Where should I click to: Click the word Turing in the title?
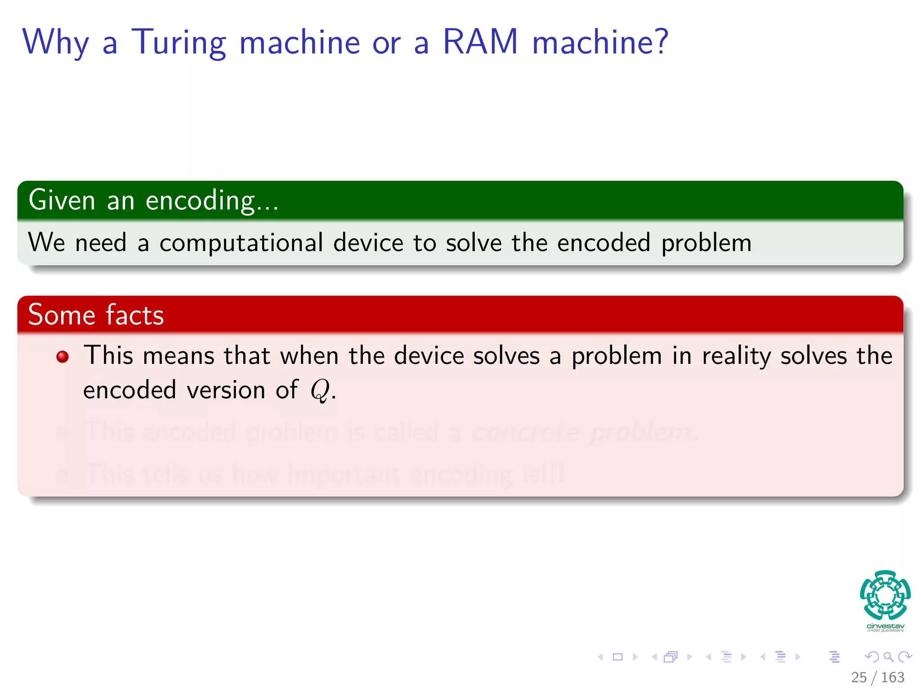point(179,43)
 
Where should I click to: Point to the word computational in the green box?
point(241,243)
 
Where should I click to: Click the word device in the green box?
point(368,243)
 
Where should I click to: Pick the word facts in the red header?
point(135,315)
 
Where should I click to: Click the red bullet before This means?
point(63,357)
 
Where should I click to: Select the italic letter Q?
point(320,390)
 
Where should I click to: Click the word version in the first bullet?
point(226,390)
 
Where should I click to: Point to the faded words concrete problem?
point(583,432)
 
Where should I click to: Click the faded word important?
point(344,474)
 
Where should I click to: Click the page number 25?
point(858,677)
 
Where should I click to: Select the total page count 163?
point(893,677)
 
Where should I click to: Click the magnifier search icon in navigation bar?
point(888,657)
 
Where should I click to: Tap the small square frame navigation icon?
point(618,657)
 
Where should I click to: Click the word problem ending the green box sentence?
point(706,243)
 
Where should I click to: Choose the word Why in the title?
point(56,43)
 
